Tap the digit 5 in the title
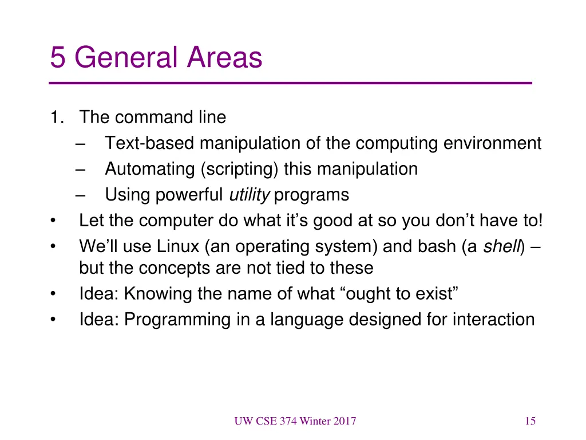[57, 58]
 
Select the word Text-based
[150, 143]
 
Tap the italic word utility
[249, 195]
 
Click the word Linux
[178, 247]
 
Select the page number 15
[530, 422]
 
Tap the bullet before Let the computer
[53, 221]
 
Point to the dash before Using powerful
[80, 195]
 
